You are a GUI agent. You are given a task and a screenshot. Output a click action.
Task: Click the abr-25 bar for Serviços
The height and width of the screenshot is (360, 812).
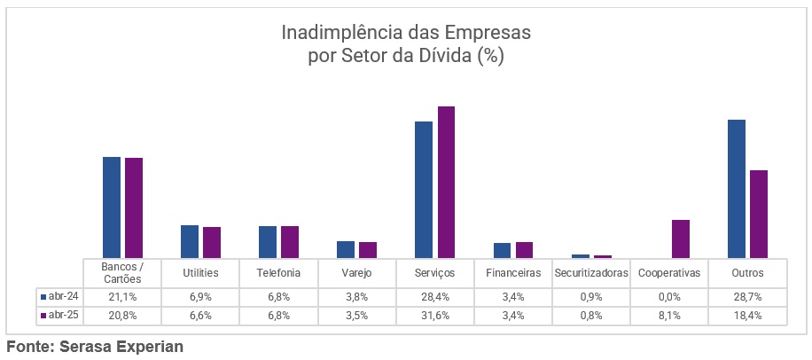(x=446, y=182)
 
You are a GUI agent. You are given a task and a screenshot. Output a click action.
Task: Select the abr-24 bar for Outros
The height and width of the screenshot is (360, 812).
(x=736, y=188)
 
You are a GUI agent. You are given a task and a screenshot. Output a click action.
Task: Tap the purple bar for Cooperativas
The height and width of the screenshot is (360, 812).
(x=680, y=239)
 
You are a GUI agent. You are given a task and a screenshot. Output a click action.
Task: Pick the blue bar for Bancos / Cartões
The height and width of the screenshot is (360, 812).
(x=112, y=207)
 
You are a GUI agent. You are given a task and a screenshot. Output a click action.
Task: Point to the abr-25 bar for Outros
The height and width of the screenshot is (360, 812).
(x=758, y=213)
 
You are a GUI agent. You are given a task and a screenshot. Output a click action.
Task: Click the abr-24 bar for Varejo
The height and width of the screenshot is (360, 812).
(x=346, y=249)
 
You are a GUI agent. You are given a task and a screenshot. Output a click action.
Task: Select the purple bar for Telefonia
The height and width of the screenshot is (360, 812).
(x=290, y=241)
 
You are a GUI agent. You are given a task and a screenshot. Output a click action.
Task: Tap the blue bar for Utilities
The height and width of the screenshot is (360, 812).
(x=190, y=241)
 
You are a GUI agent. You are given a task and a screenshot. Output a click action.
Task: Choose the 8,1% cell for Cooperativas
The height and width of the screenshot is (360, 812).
(x=668, y=315)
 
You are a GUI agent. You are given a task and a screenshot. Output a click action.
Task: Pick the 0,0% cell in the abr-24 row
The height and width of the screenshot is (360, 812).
(x=668, y=295)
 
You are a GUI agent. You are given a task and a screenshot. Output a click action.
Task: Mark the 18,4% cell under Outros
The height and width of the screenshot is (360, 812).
(x=747, y=315)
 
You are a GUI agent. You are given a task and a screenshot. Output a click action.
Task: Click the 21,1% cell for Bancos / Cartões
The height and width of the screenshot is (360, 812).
(x=122, y=295)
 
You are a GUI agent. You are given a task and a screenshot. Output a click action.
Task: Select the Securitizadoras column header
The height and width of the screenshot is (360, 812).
(x=590, y=272)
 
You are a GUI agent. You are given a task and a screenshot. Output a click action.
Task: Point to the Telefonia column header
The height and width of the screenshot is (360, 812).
(x=278, y=272)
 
